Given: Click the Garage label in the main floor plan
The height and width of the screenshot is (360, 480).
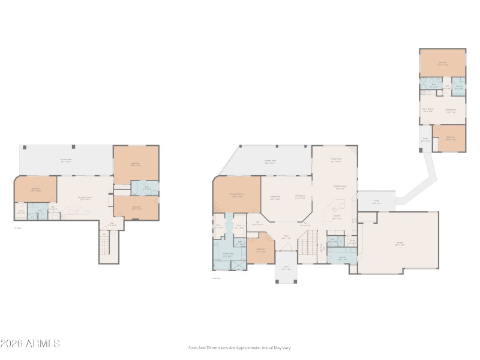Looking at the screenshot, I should pos(400,244).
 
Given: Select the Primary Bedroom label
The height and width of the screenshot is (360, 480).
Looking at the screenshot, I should pos(237,194).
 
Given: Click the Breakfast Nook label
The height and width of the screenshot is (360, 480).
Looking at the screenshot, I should pos(340,186).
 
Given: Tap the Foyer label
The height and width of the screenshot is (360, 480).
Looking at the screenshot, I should pos(287,236).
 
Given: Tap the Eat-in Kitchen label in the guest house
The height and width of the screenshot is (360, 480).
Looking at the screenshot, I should pos(428,110).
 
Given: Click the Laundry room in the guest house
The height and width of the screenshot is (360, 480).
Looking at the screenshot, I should pos(458,85).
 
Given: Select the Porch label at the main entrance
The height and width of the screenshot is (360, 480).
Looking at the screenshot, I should pos(287,268).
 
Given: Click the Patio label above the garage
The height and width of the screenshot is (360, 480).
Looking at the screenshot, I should pos(376,202).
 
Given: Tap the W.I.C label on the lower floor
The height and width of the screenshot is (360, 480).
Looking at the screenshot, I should pos(20,211).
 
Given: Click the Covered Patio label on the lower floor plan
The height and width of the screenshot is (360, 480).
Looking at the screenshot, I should pos(66,160).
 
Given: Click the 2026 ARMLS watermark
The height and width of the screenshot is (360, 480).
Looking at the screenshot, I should pos(30,344).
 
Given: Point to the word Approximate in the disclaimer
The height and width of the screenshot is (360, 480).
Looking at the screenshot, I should pos(245,347).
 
